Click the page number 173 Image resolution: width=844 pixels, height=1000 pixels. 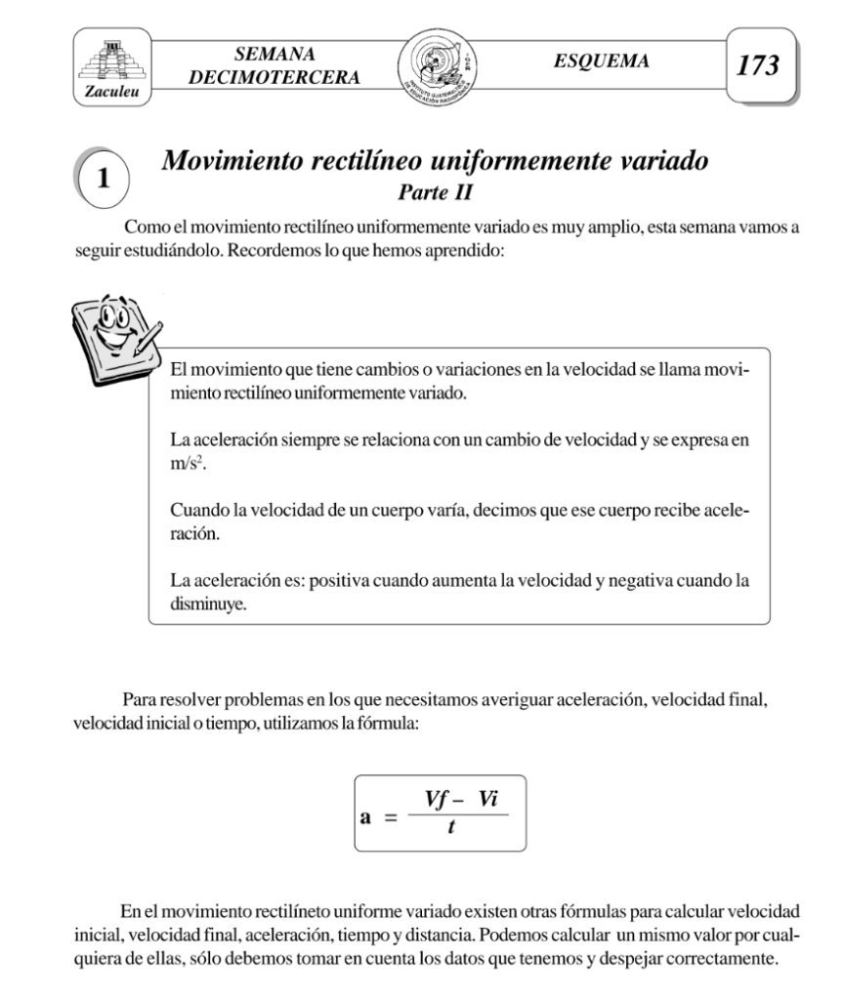[759, 66]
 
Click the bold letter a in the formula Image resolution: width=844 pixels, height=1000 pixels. [366, 813]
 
